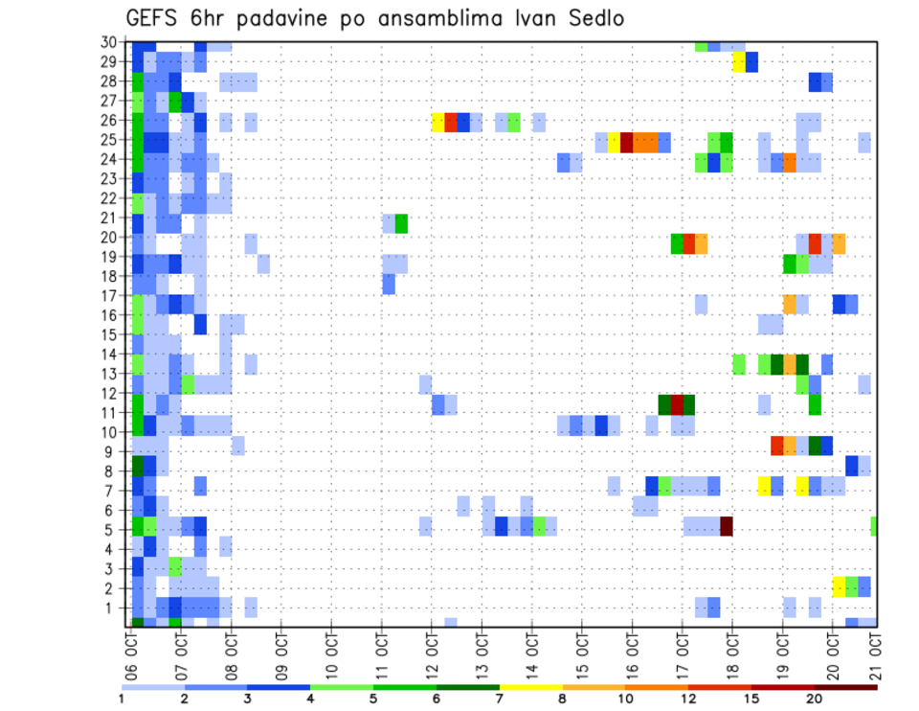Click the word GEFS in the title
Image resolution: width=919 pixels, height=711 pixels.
[x=155, y=19]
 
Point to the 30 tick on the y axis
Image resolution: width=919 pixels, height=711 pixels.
[x=112, y=42]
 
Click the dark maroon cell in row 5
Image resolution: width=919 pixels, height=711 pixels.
[x=726, y=526]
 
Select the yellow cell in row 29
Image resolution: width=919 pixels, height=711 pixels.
[x=738, y=62]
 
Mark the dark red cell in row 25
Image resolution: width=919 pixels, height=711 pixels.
[x=626, y=142]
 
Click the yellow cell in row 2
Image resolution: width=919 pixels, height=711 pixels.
[x=839, y=585]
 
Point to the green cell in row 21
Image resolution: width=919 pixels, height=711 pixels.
[x=401, y=223]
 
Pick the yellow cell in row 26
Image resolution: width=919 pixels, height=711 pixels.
[x=437, y=122]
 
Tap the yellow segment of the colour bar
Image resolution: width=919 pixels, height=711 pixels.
[x=530, y=688]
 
